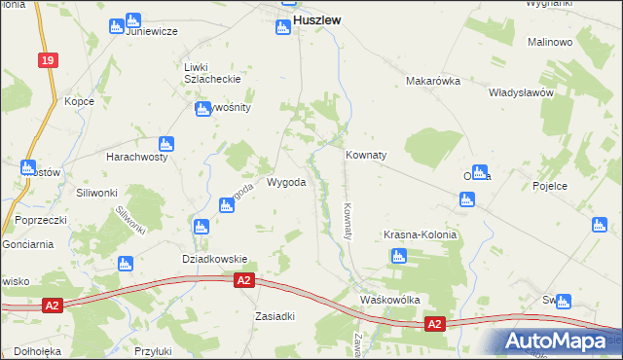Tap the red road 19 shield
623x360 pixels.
(47, 60)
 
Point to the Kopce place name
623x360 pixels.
(79, 100)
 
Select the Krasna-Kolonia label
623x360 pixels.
(419, 236)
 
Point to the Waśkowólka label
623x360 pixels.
(389, 300)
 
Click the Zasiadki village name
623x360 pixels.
(275, 316)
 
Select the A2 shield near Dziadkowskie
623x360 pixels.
(244, 280)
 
